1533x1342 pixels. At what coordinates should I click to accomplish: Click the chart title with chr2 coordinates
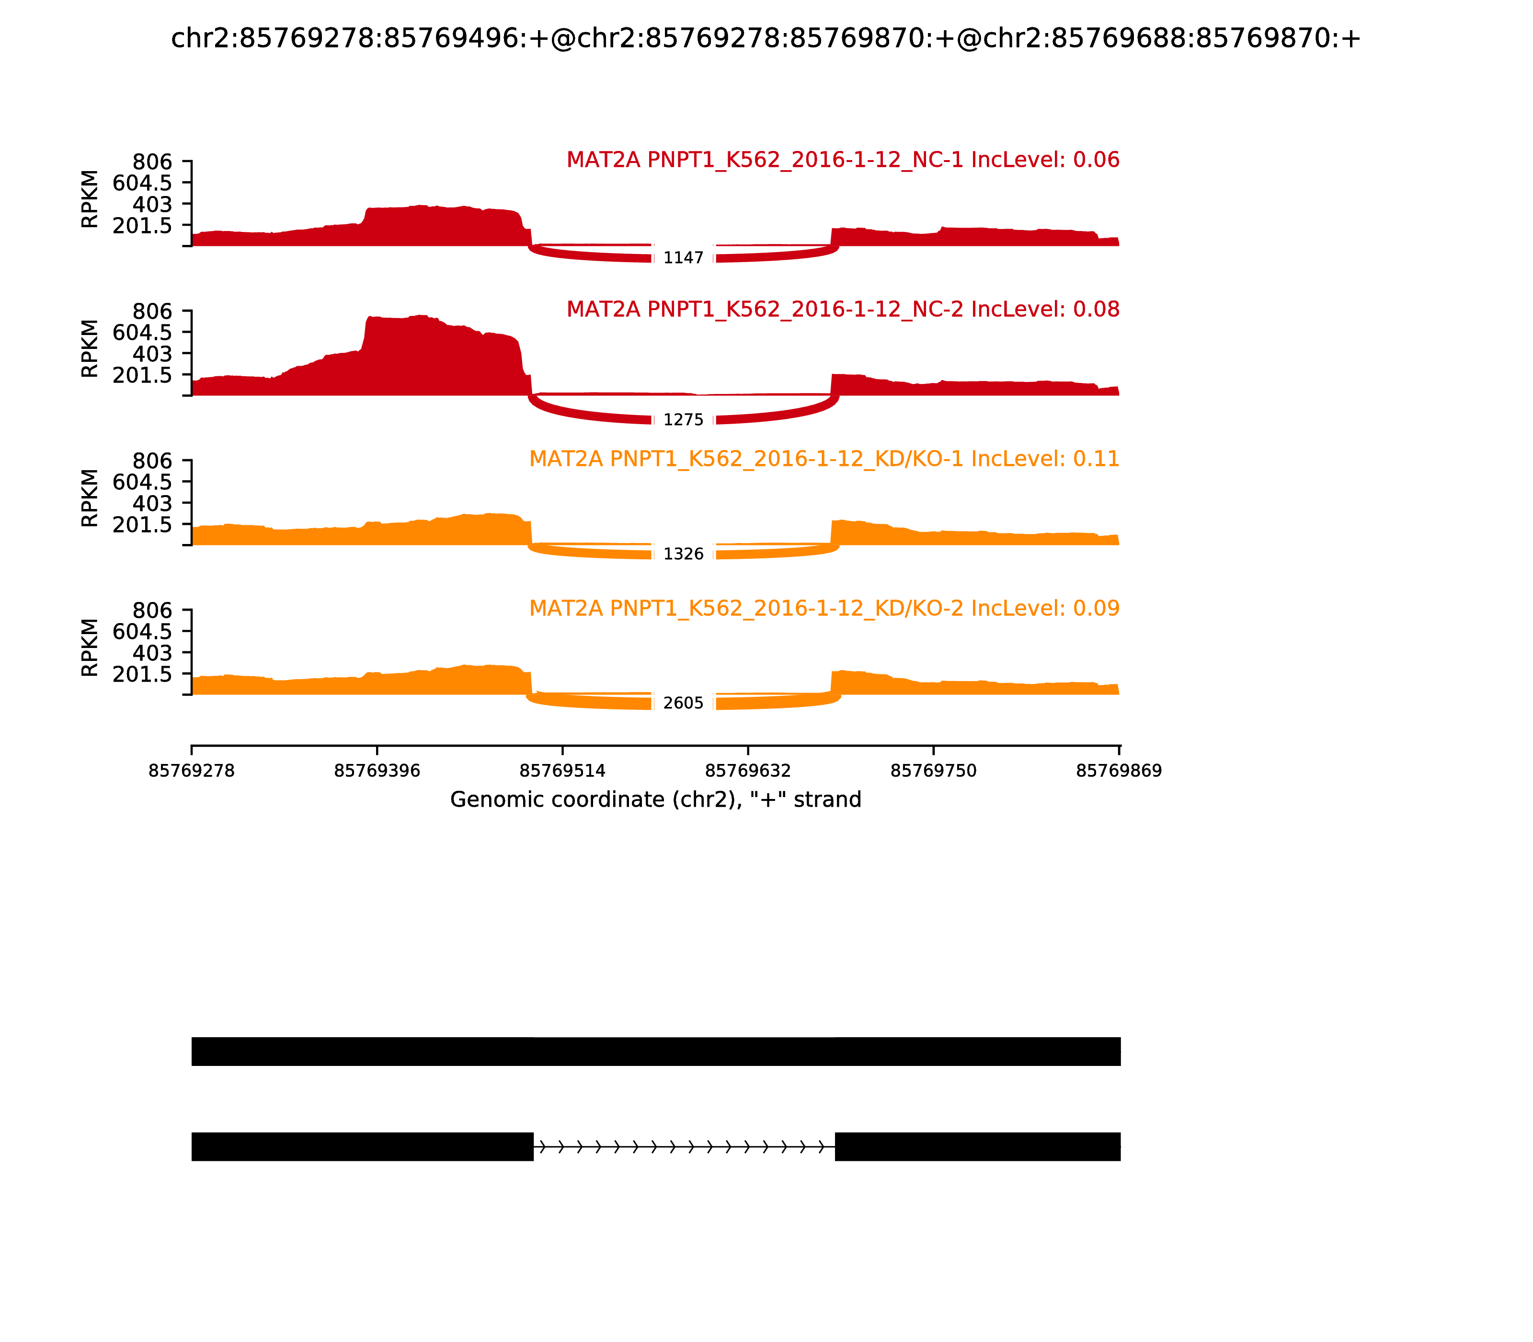click(x=766, y=38)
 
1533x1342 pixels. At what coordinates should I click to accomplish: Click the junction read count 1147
click(x=683, y=258)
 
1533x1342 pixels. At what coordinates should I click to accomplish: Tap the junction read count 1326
click(x=683, y=554)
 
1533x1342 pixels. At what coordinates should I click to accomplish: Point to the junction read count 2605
click(x=683, y=703)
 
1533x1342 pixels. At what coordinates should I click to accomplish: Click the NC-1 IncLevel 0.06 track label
click(x=843, y=160)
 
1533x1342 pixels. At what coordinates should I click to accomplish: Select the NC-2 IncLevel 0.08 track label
click(x=843, y=309)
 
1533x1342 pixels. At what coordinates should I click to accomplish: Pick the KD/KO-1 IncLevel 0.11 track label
click(x=824, y=459)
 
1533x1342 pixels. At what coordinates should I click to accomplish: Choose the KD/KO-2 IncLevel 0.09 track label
click(x=824, y=608)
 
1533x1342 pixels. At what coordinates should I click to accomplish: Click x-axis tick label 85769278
click(x=192, y=771)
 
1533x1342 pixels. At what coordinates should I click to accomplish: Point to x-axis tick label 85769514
click(x=562, y=771)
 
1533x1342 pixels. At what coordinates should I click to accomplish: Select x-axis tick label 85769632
click(x=748, y=771)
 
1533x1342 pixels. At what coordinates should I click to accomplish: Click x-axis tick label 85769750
click(x=933, y=771)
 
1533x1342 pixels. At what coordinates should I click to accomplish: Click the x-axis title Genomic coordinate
click(x=656, y=800)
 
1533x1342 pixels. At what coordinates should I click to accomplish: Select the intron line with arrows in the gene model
click(x=684, y=1146)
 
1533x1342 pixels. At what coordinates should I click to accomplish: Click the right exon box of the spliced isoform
click(x=978, y=1146)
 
